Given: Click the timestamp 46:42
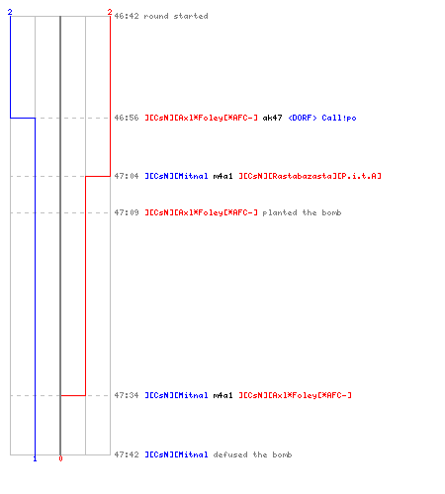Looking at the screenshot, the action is [127, 16].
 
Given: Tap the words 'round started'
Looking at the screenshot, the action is [176, 16].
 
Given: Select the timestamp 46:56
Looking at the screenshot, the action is [127, 118].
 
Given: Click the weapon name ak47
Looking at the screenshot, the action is [272, 118].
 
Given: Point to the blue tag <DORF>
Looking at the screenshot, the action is [303, 118].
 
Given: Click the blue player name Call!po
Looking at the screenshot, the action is [339, 118].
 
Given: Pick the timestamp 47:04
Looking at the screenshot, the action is [127, 176].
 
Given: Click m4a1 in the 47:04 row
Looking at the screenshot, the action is [222, 176].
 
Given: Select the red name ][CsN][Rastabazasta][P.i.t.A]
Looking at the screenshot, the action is [311, 176].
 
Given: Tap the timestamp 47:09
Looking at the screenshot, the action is [127, 212].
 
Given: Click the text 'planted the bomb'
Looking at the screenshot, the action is [302, 212].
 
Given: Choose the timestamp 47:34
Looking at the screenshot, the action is [127, 395].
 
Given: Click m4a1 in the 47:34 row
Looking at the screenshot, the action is [222, 395].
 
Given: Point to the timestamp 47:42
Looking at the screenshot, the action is [127, 454].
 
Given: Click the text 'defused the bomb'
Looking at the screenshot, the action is [252, 454].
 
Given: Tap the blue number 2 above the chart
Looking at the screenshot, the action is [10, 12].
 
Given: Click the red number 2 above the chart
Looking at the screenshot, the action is [110, 12].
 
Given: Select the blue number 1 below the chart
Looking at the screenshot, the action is [35, 458].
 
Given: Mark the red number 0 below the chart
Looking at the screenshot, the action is [60, 458].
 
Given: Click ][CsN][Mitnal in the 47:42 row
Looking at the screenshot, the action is [176, 454].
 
